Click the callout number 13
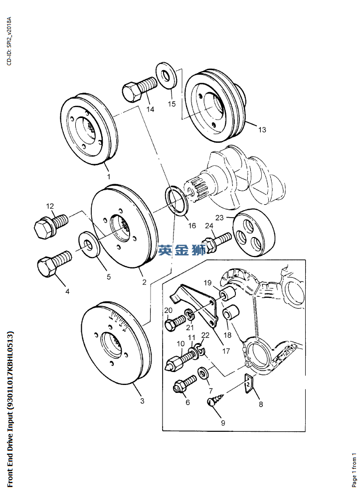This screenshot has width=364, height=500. (x=262, y=130)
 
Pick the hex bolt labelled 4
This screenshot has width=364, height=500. (x=53, y=262)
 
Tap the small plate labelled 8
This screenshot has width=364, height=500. (x=249, y=384)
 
